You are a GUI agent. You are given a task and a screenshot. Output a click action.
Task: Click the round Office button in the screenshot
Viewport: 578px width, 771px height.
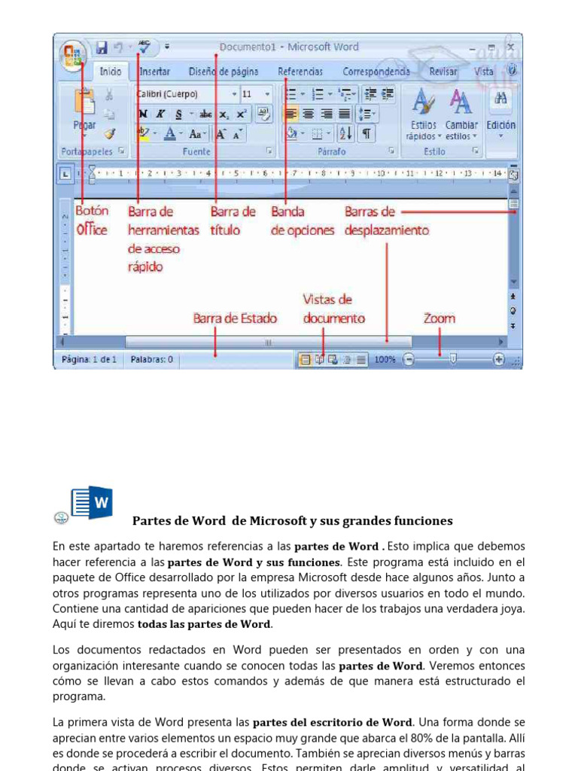[73, 54]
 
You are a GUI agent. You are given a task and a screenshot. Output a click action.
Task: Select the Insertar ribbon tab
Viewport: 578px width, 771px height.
[154, 72]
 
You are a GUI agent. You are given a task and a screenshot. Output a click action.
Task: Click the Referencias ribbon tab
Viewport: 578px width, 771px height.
[300, 72]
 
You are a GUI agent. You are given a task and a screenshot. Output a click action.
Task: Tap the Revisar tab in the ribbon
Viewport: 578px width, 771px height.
[443, 72]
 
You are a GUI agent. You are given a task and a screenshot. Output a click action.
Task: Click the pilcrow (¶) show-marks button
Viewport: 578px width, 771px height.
[366, 133]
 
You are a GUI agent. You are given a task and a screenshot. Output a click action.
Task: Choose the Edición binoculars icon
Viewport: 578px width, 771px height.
[500, 99]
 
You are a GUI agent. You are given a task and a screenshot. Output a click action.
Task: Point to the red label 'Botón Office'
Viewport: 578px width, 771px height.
[92, 221]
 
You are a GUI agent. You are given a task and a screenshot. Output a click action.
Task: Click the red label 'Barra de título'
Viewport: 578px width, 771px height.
[233, 221]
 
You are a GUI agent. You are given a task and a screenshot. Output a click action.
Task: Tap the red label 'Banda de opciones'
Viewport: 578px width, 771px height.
[302, 221]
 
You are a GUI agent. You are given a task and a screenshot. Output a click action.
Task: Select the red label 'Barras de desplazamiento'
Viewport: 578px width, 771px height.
[387, 221]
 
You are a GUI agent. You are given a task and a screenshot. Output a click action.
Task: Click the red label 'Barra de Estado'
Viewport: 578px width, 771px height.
[235, 318]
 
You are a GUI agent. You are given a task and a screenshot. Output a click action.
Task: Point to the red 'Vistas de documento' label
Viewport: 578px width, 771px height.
[333, 309]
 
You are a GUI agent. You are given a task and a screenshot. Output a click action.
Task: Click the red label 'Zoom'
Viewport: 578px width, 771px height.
[439, 318]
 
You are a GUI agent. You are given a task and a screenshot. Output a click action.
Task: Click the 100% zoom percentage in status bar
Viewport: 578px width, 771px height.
[385, 360]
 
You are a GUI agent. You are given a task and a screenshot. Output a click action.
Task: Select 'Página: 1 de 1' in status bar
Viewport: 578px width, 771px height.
[89, 360]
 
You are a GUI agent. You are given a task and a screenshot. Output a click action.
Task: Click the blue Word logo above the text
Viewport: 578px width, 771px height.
[90, 502]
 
